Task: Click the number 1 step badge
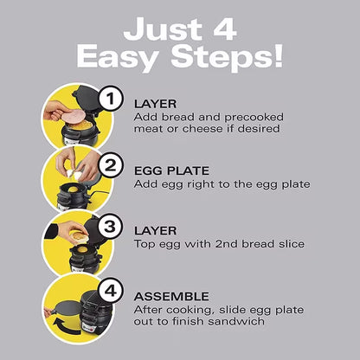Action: point(111,100)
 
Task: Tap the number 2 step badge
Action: point(111,164)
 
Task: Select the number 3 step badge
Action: point(111,229)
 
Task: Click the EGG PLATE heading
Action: point(170,170)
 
